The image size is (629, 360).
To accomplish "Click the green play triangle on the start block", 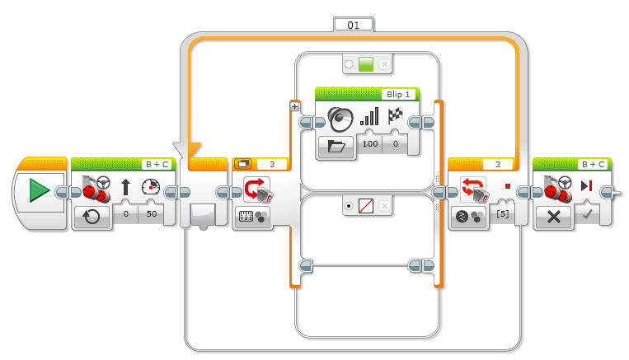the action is tap(39, 190).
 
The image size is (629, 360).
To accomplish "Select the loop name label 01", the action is tap(354, 26).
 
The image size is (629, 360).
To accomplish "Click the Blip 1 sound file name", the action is tap(398, 94).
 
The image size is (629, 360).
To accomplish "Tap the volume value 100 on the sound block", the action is tap(370, 143).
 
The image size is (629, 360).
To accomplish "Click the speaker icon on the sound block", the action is tap(340, 119).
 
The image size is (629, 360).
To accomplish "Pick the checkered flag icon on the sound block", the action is tap(395, 116).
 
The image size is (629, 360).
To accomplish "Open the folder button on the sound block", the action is tap(336, 146).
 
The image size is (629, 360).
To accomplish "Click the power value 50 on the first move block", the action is tap(152, 213).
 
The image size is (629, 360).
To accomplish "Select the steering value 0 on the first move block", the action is tap(126, 213).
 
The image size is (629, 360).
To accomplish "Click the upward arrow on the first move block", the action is tap(125, 187).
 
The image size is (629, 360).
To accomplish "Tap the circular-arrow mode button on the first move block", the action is tap(91, 217).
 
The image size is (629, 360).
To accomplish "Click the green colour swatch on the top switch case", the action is tap(366, 64).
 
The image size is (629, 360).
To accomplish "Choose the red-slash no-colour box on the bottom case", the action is tap(366, 206).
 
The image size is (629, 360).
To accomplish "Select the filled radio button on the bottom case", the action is tap(349, 206).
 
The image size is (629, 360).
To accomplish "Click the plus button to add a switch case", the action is tap(295, 106).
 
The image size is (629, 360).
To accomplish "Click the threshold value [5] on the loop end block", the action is tap(503, 214).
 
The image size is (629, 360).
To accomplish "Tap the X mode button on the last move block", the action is tap(554, 217).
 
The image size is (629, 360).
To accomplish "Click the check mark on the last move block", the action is tap(587, 214).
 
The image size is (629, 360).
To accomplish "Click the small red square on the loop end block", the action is tap(508, 186).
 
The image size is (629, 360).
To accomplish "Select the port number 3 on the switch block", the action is tap(272, 165).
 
